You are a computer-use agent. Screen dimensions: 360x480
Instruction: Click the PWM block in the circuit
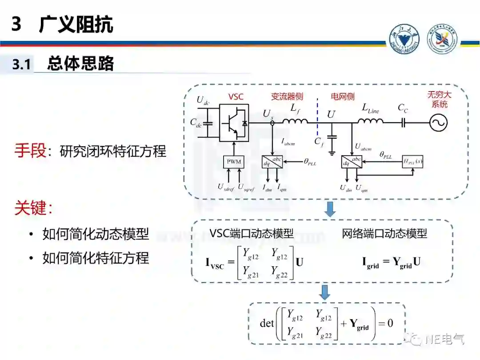point(234,161)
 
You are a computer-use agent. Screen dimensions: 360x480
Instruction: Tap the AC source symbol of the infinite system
point(438,123)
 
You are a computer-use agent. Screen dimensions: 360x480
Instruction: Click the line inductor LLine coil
point(371,121)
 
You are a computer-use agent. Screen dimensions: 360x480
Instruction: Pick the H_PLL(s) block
point(412,161)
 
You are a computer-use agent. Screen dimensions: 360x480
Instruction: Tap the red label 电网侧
point(343,96)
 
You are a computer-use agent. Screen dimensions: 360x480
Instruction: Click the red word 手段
point(30,151)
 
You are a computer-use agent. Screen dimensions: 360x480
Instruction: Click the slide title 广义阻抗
point(76,24)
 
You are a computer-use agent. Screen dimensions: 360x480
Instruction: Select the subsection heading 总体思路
point(80,64)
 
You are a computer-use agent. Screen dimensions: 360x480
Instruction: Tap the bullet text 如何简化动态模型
point(96,234)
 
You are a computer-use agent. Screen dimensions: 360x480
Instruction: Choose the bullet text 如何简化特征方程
point(96,258)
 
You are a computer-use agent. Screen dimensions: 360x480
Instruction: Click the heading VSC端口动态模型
point(252,233)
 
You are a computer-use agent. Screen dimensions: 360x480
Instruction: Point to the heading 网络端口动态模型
point(384,233)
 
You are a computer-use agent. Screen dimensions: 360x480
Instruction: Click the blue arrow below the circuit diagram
point(329,209)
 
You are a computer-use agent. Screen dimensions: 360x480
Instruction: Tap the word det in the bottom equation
point(267,323)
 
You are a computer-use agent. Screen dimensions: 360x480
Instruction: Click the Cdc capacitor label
point(196,123)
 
